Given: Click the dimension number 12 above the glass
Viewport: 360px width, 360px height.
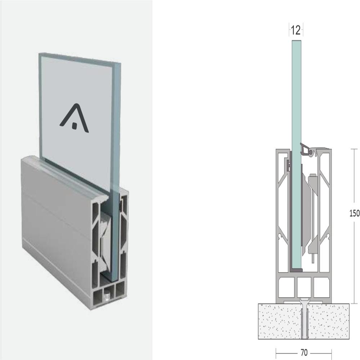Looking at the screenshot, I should (x=295, y=30).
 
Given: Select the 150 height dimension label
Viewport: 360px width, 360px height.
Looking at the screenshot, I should (x=354, y=213).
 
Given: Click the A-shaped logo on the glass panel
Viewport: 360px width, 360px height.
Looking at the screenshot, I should (x=75, y=120).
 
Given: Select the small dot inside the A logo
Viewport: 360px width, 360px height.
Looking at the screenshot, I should (x=74, y=126).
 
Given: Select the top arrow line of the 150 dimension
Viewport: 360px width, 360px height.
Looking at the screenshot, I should (x=355, y=149).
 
